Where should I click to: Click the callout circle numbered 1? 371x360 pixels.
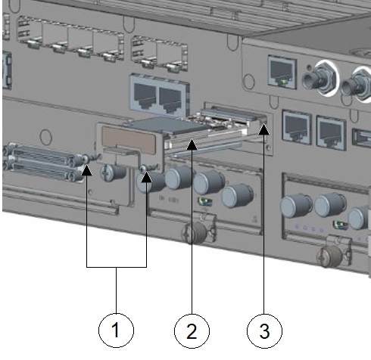point(116,331)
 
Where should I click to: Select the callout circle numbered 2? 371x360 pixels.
point(192,331)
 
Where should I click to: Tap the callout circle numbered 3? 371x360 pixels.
point(264,331)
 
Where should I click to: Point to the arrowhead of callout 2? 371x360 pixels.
point(192,144)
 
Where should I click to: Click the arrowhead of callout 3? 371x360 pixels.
point(264,129)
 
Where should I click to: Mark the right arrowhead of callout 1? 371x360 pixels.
point(147,177)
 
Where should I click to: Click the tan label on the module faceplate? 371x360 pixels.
point(128,140)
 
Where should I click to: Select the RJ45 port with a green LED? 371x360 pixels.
point(282,71)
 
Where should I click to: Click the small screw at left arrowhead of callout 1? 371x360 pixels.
point(86,159)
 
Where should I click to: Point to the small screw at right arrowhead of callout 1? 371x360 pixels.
point(144,168)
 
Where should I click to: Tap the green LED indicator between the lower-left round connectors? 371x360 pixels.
point(205,201)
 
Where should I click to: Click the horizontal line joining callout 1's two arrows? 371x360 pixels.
point(117,267)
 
